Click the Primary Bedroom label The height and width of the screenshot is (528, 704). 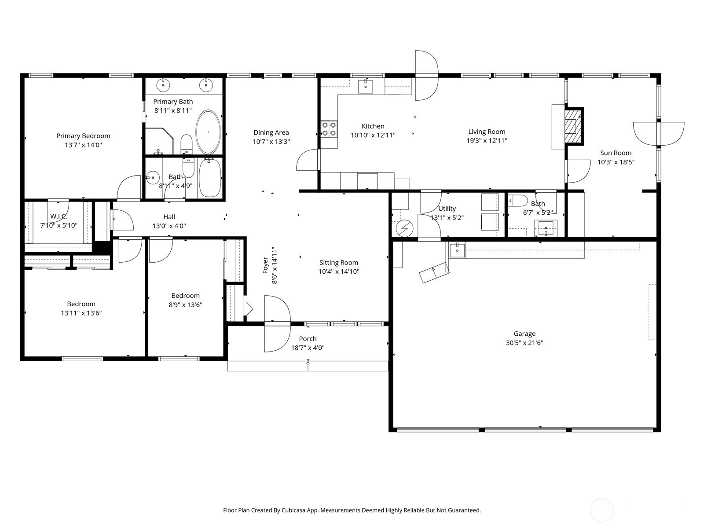click(x=83, y=136)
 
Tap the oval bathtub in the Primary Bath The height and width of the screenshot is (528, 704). click(x=208, y=132)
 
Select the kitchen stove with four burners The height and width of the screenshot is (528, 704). click(x=329, y=129)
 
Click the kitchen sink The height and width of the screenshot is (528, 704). click(x=365, y=86)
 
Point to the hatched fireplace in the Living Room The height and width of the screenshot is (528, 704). click(x=572, y=126)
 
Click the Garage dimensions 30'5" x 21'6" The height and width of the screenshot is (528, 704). click(x=524, y=343)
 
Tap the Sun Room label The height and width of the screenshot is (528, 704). click(x=616, y=153)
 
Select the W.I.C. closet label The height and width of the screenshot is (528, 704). click(x=59, y=216)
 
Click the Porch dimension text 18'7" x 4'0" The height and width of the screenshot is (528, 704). click(x=308, y=348)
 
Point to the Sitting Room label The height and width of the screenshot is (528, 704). click(x=339, y=263)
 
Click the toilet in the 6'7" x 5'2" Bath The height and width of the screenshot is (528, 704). click(x=517, y=201)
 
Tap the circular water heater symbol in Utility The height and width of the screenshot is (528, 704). click(x=404, y=228)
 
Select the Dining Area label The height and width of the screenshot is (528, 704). click(x=271, y=132)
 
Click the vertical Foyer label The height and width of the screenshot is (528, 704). click(x=265, y=265)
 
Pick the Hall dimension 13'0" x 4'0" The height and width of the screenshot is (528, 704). click(x=169, y=226)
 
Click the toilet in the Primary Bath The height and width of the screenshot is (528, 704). click(x=187, y=145)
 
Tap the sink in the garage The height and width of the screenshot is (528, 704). click(x=457, y=250)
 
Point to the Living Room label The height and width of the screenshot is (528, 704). click(x=487, y=132)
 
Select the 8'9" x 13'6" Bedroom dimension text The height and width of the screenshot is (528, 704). click(x=185, y=305)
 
